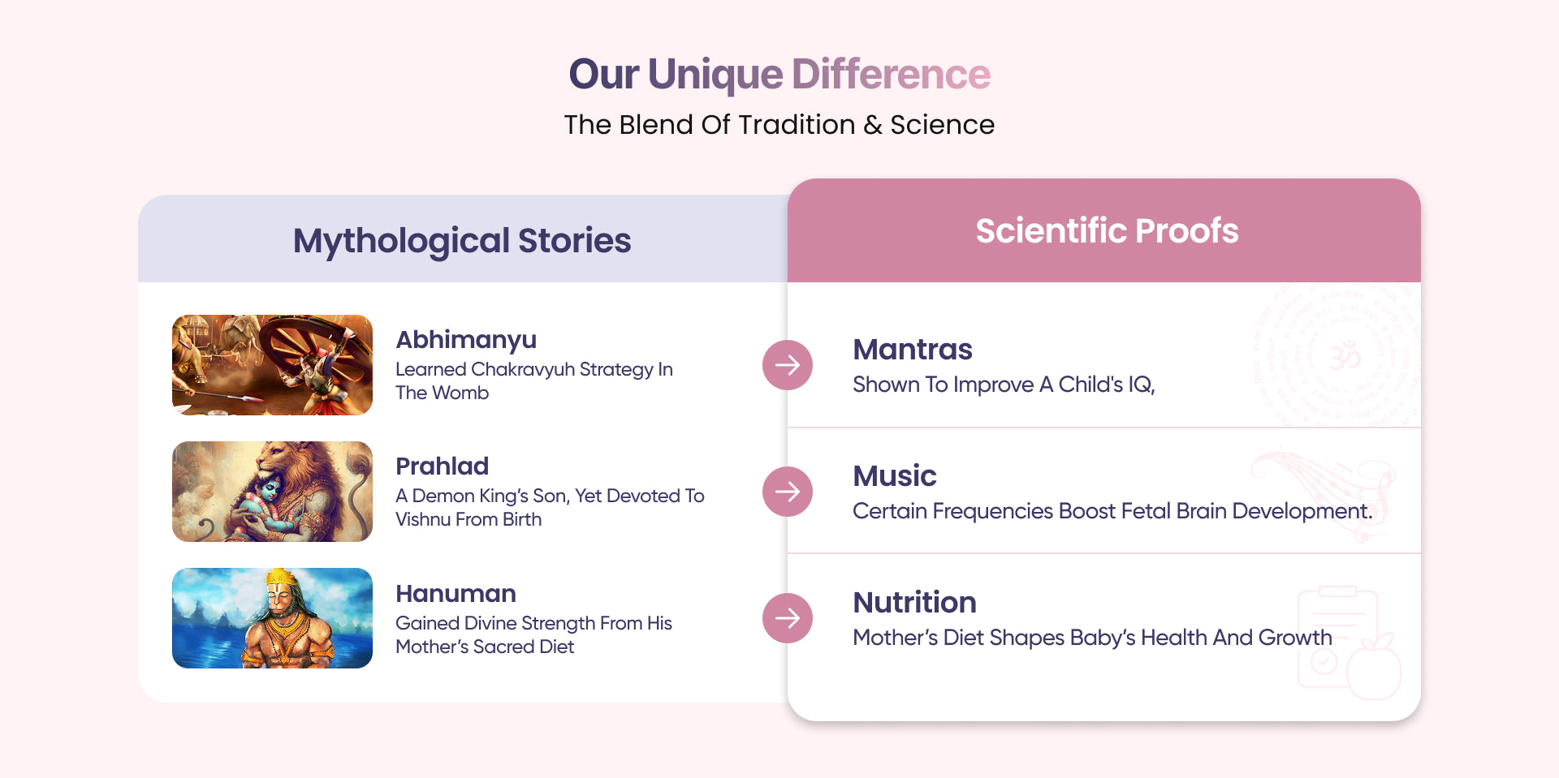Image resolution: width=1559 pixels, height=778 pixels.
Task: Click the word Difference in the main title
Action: (891, 74)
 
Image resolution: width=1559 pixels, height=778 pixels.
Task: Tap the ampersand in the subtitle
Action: (873, 125)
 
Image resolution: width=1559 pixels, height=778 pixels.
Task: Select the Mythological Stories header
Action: (462, 241)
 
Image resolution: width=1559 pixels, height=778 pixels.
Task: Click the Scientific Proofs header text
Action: (1107, 230)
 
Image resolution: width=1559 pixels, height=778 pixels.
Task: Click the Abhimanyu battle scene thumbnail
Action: (272, 365)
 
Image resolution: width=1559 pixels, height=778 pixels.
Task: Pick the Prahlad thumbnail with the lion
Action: (272, 492)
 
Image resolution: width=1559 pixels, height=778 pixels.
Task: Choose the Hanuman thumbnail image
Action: (272, 618)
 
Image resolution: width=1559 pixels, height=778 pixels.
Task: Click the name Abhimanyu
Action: (466, 341)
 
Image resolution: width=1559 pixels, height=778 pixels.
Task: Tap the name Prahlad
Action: (443, 466)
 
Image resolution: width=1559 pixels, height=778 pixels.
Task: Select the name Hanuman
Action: (456, 594)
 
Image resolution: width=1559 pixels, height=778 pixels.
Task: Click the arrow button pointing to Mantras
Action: (788, 365)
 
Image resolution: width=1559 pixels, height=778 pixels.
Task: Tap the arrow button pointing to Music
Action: (788, 492)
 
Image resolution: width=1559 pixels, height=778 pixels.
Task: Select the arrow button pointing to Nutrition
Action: (788, 618)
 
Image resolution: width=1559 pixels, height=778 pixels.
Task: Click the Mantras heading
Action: (913, 350)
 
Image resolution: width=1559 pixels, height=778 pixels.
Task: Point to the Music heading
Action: (895, 476)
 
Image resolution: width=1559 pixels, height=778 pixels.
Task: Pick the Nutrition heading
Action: (914, 603)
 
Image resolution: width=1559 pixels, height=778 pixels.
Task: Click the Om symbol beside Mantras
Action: (1345, 356)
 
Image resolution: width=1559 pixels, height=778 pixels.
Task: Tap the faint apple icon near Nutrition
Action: (1374, 668)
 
